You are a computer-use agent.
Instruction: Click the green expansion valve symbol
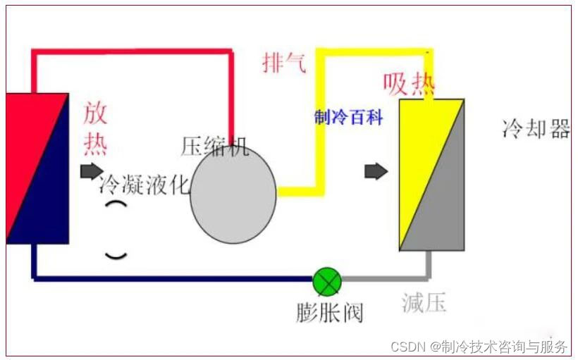(x=327, y=282)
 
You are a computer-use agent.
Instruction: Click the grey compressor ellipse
(x=233, y=196)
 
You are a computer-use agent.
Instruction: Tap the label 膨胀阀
(x=329, y=312)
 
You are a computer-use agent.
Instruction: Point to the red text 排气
(x=284, y=63)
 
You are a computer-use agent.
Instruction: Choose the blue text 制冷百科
(x=348, y=118)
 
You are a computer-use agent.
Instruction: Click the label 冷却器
(x=536, y=129)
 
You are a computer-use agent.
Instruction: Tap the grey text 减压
(x=424, y=303)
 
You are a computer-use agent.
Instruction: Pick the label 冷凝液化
(x=144, y=185)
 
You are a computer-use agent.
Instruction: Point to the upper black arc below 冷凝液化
(x=116, y=205)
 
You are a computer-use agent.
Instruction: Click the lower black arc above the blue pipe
(x=116, y=254)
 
